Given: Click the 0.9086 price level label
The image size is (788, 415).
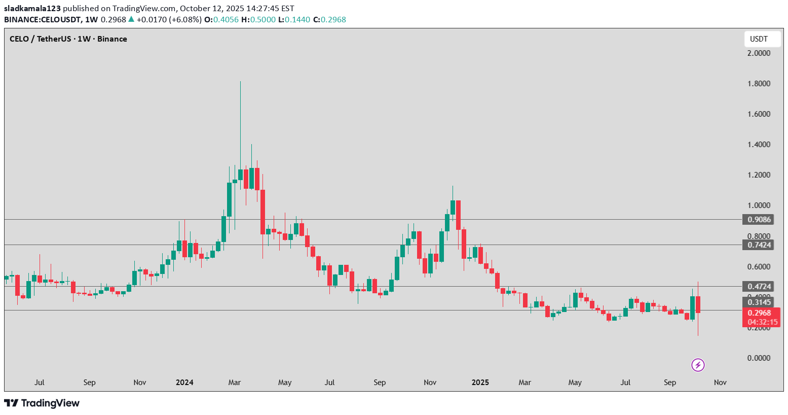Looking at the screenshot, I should click(x=759, y=220).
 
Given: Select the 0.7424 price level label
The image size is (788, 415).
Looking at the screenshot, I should click(x=759, y=245).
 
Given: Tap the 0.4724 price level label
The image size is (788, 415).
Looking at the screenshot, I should click(x=759, y=287).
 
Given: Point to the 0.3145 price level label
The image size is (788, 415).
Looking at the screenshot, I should click(x=759, y=302).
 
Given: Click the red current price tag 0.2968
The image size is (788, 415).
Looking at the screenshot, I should click(x=761, y=313).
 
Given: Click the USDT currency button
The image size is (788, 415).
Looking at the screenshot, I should click(x=759, y=39).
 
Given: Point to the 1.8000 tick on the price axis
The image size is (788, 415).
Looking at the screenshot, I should click(x=759, y=84).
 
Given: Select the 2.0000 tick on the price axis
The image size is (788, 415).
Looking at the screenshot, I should click(x=759, y=53).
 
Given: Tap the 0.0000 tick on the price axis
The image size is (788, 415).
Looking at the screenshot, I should click(x=759, y=358).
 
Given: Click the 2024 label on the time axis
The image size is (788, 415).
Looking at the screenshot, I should click(x=184, y=383).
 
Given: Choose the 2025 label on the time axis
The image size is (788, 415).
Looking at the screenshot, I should click(x=480, y=383).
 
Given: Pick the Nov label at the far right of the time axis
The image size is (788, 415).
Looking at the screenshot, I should click(x=720, y=383).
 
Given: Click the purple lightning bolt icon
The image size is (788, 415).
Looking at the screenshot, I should click(x=698, y=365).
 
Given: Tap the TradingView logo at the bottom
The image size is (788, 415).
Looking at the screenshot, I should click(x=42, y=403).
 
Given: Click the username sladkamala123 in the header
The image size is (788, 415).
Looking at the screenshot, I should click(x=32, y=9).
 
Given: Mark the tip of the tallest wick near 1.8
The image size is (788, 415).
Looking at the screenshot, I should click(x=240, y=82).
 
